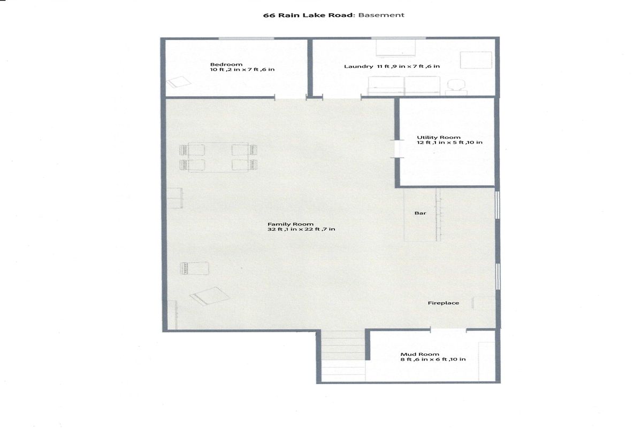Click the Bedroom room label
[x=226, y=65]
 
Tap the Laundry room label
[x=358, y=66]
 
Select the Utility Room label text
[x=439, y=137]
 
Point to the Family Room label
[x=291, y=224]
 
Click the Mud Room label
[x=419, y=354]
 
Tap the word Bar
[x=420, y=213]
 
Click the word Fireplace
[x=444, y=303]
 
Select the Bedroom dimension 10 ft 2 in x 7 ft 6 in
[x=242, y=69]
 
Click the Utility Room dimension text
[x=449, y=143]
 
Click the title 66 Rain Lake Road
[x=308, y=15]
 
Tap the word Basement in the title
[x=381, y=15]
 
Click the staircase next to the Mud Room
[x=343, y=356]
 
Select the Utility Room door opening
[x=397, y=149]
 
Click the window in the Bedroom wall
[x=246, y=38]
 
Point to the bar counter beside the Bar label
[x=422, y=214]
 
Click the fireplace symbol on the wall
[x=484, y=303]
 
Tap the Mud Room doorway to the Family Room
[x=448, y=330]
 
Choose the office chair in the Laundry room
[x=456, y=87]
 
